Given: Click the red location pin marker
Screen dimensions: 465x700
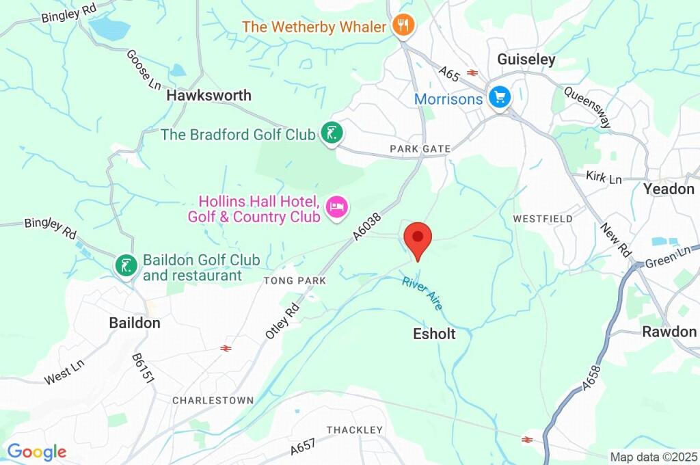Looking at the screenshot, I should (x=418, y=239).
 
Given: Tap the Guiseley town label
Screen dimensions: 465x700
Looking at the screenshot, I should (x=526, y=59).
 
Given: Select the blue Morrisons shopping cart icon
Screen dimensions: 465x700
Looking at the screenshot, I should (x=500, y=97).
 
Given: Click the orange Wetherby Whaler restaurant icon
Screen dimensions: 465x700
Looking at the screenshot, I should (x=404, y=27).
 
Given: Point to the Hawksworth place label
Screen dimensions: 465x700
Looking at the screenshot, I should (x=209, y=96).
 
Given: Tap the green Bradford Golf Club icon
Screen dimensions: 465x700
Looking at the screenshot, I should (x=332, y=134).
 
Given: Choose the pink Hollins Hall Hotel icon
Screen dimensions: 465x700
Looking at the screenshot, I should (x=336, y=207).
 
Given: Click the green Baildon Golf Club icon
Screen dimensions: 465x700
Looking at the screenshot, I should (x=125, y=266).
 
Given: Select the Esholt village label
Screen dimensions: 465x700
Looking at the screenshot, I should (x=434, y=334).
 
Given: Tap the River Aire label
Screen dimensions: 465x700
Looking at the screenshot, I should (x=422, y=293).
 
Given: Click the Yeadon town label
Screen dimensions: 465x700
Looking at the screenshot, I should (x=669, y=189).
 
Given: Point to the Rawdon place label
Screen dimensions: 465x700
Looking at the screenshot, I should (x=669, y=332).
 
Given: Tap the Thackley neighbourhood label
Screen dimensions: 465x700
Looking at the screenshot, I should (x=355, y=429).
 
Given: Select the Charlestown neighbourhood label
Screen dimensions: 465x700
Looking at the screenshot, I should (x=213, y=400).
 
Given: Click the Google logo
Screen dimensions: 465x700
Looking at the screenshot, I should (x=36, y=452).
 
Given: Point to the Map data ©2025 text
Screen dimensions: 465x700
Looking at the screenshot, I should (x=654, y=457).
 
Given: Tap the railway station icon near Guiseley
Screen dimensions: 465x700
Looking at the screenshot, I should (x=471, y=72).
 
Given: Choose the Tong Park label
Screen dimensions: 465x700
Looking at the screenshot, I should (x=295, y=281).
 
